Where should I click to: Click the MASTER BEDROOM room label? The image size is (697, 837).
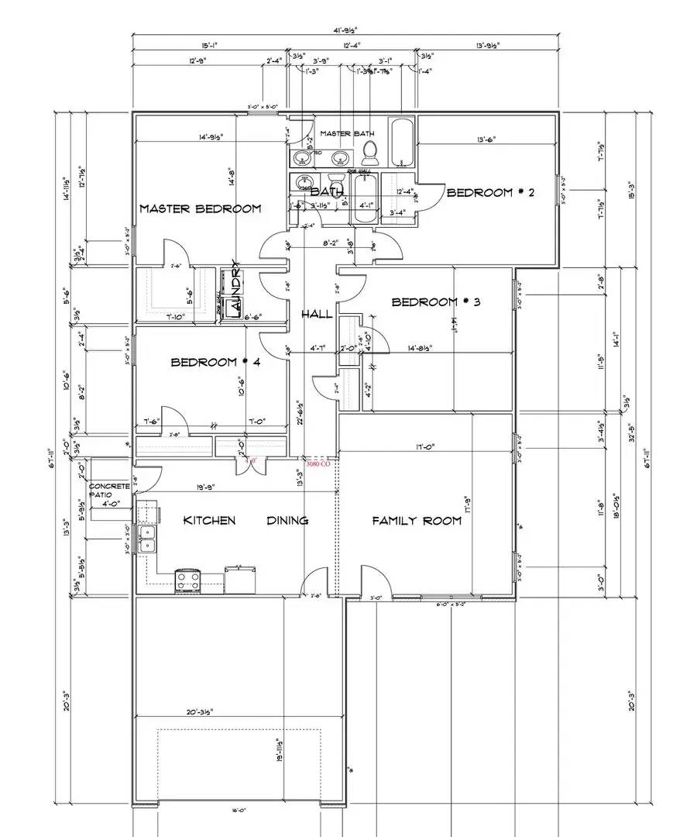(200, 208)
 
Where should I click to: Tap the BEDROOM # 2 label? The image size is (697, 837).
(490, 193)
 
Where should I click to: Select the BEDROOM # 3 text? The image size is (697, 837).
(436, 302)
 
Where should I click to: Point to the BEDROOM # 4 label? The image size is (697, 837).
(215, 362)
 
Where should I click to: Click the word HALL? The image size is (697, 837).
(317, 314)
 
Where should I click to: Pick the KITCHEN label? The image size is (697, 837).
(209, 520)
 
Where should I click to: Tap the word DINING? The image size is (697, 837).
(287, 520)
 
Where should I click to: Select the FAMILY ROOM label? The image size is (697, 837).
(417, 521)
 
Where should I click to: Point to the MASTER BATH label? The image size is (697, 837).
(348, 134)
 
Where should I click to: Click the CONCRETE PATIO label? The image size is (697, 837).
(108, 490)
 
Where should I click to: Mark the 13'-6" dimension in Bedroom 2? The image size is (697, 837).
(486, 140)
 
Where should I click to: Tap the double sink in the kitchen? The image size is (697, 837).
(148, 537)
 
